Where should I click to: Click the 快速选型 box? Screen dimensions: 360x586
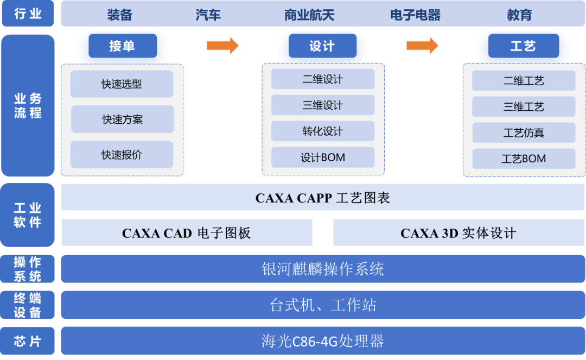[122, 84]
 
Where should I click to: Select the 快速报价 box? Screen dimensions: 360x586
[122, 155]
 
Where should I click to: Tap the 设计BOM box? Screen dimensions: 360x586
[323, 158]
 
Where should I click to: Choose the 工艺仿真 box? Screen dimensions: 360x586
[524, 133]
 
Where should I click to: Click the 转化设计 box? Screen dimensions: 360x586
[323, 131]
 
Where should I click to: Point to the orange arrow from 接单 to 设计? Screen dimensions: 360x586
[222, 46]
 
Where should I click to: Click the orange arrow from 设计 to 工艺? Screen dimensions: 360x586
[422, 46]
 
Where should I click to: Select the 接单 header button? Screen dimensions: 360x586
[122, 46]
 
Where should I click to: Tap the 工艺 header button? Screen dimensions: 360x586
[523, 46]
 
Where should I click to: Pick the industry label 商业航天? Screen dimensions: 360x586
[309, 15]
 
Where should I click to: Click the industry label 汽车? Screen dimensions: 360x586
[208, 15]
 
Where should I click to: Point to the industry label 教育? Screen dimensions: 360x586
[519, 15]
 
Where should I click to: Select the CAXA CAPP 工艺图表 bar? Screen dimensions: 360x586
[323, 198]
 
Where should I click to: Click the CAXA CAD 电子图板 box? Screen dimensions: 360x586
[187, 233]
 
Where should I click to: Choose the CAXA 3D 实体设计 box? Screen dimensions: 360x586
[458, 233]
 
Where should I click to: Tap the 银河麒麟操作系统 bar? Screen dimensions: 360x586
[323, 269]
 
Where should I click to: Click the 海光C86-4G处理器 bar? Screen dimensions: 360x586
[323, 341]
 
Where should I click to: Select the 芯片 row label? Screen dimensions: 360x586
[28, 341]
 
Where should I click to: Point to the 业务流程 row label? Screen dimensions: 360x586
[28, 106]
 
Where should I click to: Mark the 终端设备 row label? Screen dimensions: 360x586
[28, 305]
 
